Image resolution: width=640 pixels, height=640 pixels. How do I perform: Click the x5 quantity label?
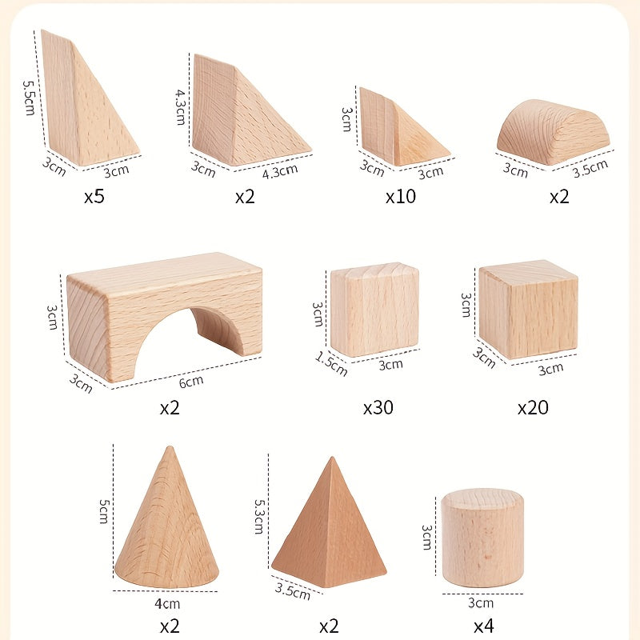pyautogui.click(x=94, y=196)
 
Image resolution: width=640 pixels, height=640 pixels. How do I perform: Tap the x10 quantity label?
pyautogui.click(x=400, y=196)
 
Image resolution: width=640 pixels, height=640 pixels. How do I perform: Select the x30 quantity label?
pyautogui.click(x=378, y=407)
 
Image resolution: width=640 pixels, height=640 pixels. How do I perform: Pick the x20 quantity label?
pyautogui.click(x=533, y=407)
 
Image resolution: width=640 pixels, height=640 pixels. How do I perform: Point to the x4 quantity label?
pyautogui.click(x=482, y=625)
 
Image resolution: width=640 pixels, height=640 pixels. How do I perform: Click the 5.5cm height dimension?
pyautogui.click(x=30, y=97)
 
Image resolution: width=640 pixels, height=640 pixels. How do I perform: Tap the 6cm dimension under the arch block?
pyautogui.click(x=190, y=382)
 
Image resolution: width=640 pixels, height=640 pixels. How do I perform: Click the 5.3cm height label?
pyautogui.click(x=258, y=516)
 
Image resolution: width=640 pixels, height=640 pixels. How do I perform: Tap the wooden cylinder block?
pyautogui.click(x=482, y=538)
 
